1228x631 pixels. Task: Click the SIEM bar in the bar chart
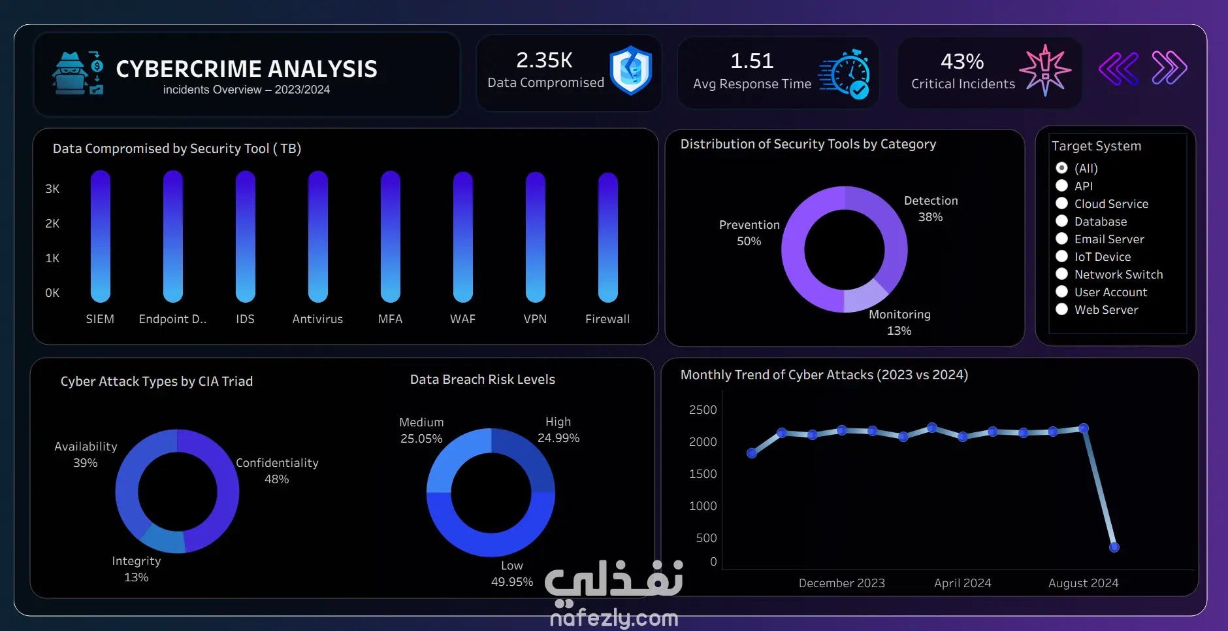[100, 236]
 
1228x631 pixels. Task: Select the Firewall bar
[607, 237]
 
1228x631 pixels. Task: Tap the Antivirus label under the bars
[317, 319]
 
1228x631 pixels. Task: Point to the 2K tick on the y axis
[52, 224]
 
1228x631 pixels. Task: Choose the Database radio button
[1061, 221]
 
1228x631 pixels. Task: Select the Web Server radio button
[1061, 309]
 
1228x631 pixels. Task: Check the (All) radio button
[1061, 168]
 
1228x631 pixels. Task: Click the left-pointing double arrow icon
[1118, 68]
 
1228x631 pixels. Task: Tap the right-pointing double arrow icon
[1169, 68]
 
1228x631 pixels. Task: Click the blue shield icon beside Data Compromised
[630, 71]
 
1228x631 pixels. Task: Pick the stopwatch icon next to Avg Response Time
[845, 74]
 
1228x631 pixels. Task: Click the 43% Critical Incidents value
[962, 61]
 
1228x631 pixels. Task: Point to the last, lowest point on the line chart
[1114, 547]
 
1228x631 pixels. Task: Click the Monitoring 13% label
[899, 322]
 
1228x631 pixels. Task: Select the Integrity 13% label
[136, 569]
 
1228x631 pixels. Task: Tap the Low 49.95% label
[512, 573]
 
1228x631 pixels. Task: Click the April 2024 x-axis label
[962, 583]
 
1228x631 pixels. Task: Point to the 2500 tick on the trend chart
[703, 410]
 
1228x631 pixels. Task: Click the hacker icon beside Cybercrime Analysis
[78, 73]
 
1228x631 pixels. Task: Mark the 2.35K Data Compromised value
[544, 60]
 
